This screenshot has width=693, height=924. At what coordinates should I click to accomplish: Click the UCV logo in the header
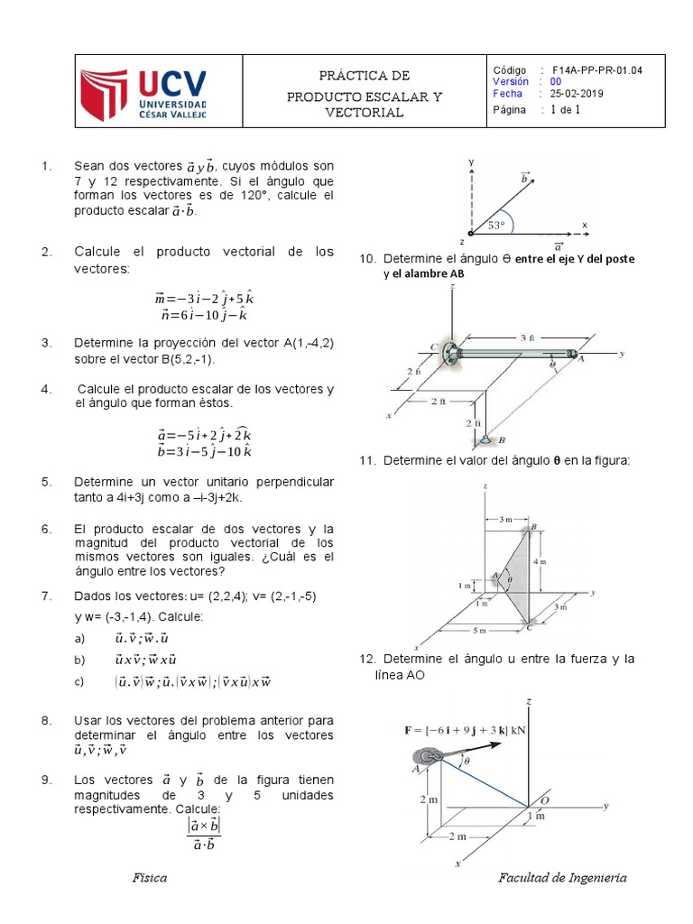[156, 95]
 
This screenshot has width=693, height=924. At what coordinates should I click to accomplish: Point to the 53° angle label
[497, 225]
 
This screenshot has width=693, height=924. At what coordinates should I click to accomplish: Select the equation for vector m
[209, 299]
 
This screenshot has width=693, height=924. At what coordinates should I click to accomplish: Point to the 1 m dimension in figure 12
[536, 816]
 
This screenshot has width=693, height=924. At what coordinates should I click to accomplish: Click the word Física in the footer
[148, 878]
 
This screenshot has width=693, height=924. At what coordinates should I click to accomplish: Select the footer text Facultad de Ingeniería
[562, 878]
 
